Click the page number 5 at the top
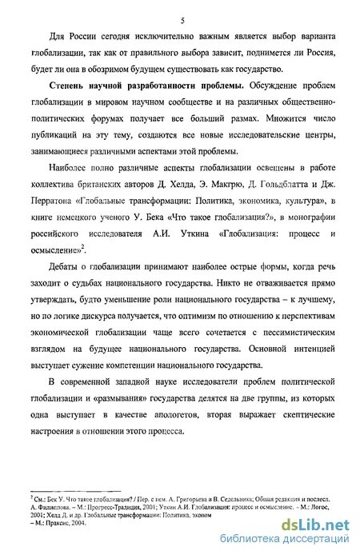[183, 19]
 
